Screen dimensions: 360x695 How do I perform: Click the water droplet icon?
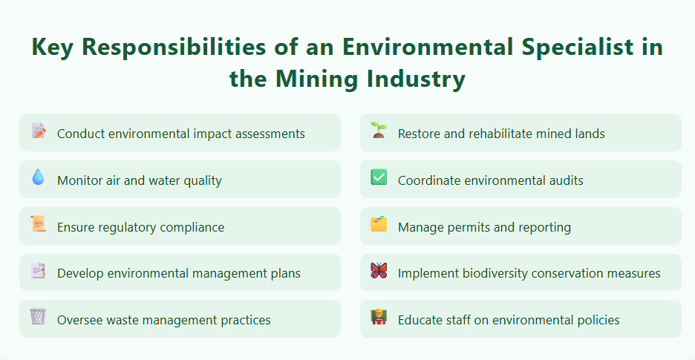click(x=38, y=177)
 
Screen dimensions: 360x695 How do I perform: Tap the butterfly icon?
click(x=379, y=271)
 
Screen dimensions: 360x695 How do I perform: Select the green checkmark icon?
click(x=379, y=177)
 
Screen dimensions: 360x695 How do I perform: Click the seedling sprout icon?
click(x=379, y=131)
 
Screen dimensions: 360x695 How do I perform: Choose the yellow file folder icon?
click(x=379, y=224)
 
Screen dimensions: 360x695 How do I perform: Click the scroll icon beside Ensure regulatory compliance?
click(x=38, y=224)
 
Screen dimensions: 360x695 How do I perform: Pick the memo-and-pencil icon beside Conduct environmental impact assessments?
click(x=38, y=131)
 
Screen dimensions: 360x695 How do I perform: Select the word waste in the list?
click(x=125, y=320)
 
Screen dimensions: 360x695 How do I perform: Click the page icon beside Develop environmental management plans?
click(x=38, y=271)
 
